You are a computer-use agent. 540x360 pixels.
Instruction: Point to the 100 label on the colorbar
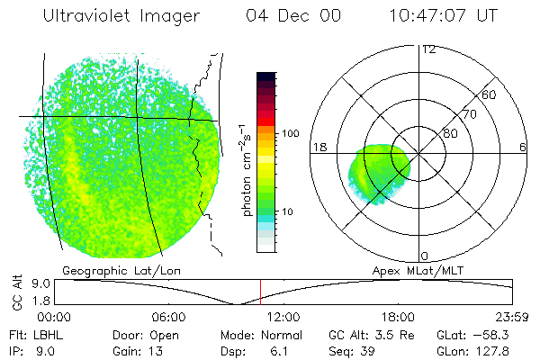point(290,133)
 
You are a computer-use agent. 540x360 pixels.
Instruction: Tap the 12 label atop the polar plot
point(428,49)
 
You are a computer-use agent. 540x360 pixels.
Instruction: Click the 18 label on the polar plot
point(319,147)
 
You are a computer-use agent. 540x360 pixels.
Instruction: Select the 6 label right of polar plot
point(523,147)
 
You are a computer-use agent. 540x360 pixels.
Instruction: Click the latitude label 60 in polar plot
point(490,94)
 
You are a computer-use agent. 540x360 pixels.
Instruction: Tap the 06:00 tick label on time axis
point(169,317)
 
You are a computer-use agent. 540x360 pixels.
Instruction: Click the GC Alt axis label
point(15,291)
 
